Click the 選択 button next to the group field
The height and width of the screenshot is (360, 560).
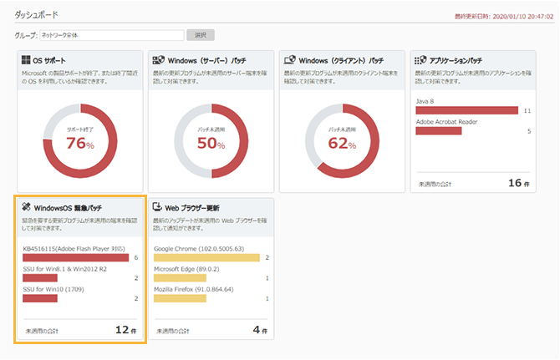point(200,35)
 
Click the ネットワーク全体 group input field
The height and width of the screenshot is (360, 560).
point(111,35)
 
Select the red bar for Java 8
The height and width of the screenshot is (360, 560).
point(467,110)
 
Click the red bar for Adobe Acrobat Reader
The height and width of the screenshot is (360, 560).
point(439,130)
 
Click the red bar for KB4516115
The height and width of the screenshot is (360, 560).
point(75,257)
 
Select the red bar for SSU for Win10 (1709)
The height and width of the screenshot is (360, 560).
point(40,298)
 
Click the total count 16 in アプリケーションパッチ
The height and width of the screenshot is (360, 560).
point(515,182)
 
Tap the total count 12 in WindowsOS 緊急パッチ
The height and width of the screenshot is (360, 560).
point(122,329)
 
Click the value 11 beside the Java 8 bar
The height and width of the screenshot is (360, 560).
point(527,110)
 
